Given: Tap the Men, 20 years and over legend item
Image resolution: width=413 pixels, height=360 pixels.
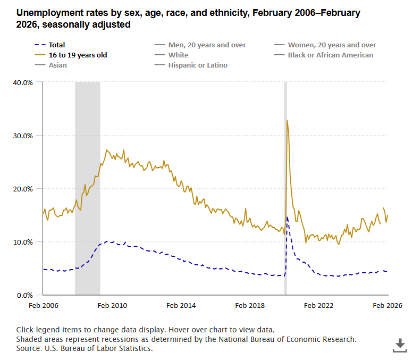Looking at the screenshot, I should pos(207,45).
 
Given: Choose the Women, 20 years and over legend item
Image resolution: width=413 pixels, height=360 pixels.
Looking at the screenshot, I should pos(332,45).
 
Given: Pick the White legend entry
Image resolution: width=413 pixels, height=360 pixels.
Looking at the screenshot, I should pos(178,55).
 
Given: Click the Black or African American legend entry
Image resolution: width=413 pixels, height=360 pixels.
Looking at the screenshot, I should pos(330,55).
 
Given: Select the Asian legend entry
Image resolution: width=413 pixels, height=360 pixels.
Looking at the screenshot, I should pos(57,65).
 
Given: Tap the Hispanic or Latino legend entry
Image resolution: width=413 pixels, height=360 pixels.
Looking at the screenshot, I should pos(198,65).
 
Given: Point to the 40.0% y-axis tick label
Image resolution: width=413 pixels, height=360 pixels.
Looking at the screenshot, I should pos(23,82).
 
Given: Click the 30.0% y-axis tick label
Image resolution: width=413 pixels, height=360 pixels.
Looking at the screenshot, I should pos(23,136).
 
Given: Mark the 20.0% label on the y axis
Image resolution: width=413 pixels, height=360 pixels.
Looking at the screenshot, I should pos(23,189).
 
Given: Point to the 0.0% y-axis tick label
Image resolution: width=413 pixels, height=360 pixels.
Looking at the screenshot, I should pos(25,295).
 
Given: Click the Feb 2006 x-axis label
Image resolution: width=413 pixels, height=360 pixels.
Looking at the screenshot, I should pos(44,306).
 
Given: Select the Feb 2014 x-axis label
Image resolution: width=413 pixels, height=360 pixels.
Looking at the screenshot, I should pos(181,306).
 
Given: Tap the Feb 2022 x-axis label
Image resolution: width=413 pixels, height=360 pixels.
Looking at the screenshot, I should pos(319,306).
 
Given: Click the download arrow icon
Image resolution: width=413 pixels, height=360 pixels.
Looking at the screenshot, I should pos(400,345).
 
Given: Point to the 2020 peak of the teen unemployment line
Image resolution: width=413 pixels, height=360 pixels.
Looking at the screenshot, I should pos(287,120).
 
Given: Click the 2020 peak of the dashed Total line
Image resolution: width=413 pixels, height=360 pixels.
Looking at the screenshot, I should pos(287,217).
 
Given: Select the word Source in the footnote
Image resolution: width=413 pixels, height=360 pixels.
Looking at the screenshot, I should pos(29,348).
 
